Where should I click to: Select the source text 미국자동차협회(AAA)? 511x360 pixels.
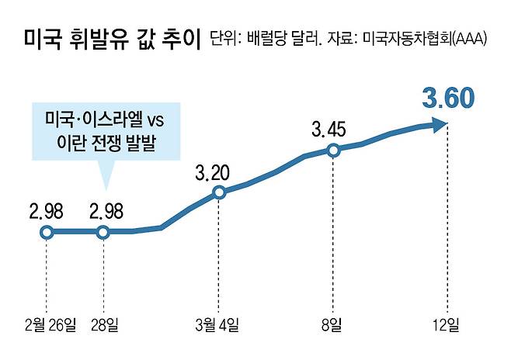tap(420, 39)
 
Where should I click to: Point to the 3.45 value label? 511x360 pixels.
tap(333, 127)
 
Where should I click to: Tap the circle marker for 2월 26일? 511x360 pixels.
tap(47, 231)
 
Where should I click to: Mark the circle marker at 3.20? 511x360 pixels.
tap(219, 192)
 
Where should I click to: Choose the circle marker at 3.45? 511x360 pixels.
tap(333, 151)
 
